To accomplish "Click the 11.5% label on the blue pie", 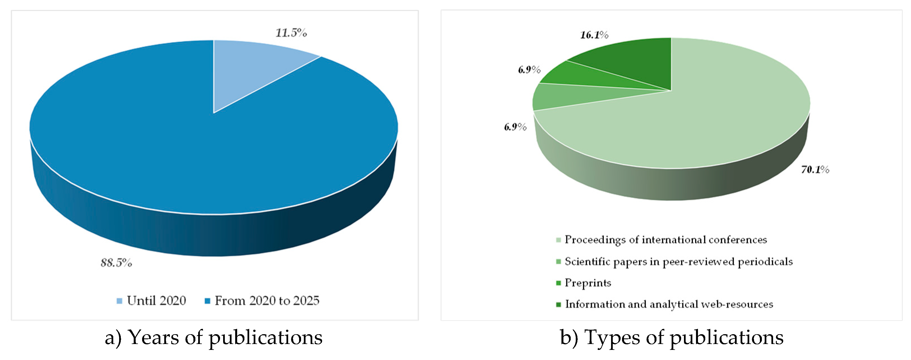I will (x=291, y=33).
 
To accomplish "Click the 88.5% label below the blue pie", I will (x=116, y=263).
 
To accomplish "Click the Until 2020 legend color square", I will (x=119, y=301).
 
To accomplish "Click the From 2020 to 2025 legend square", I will (x=208, y=301).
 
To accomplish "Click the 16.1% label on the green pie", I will (x=594, y=35).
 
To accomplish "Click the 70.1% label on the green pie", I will (x=815, y=170).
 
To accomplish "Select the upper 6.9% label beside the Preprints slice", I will (x=529, y=70).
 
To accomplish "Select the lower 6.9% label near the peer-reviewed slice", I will (x=515, y=127).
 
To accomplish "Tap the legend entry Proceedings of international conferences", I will (x=665, y=240).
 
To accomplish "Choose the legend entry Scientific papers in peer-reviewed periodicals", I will (x=678, y=262).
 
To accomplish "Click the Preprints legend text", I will (x=588, y=283).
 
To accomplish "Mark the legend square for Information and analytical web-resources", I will (x=558, y=304).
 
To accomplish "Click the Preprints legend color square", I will (x=558, y=283).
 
